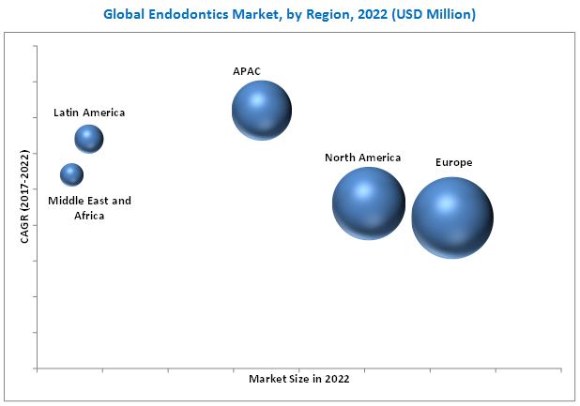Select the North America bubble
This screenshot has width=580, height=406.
(369, 203)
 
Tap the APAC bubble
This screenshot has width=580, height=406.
(262, 111)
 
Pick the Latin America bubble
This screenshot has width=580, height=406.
(89, 139)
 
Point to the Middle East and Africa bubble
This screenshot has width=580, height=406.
(71, 174)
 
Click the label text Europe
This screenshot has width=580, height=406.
(453, 162)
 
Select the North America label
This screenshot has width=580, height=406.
(362, 158)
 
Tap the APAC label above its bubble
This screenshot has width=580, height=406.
(248, 70)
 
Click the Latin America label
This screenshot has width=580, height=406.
(89, 113)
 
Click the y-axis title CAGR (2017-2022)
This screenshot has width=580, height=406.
(25, 197)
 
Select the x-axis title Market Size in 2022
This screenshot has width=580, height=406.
(299, 379)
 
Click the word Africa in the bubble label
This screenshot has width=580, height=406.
(90, 216)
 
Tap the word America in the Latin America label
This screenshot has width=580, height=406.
(103, 113)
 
